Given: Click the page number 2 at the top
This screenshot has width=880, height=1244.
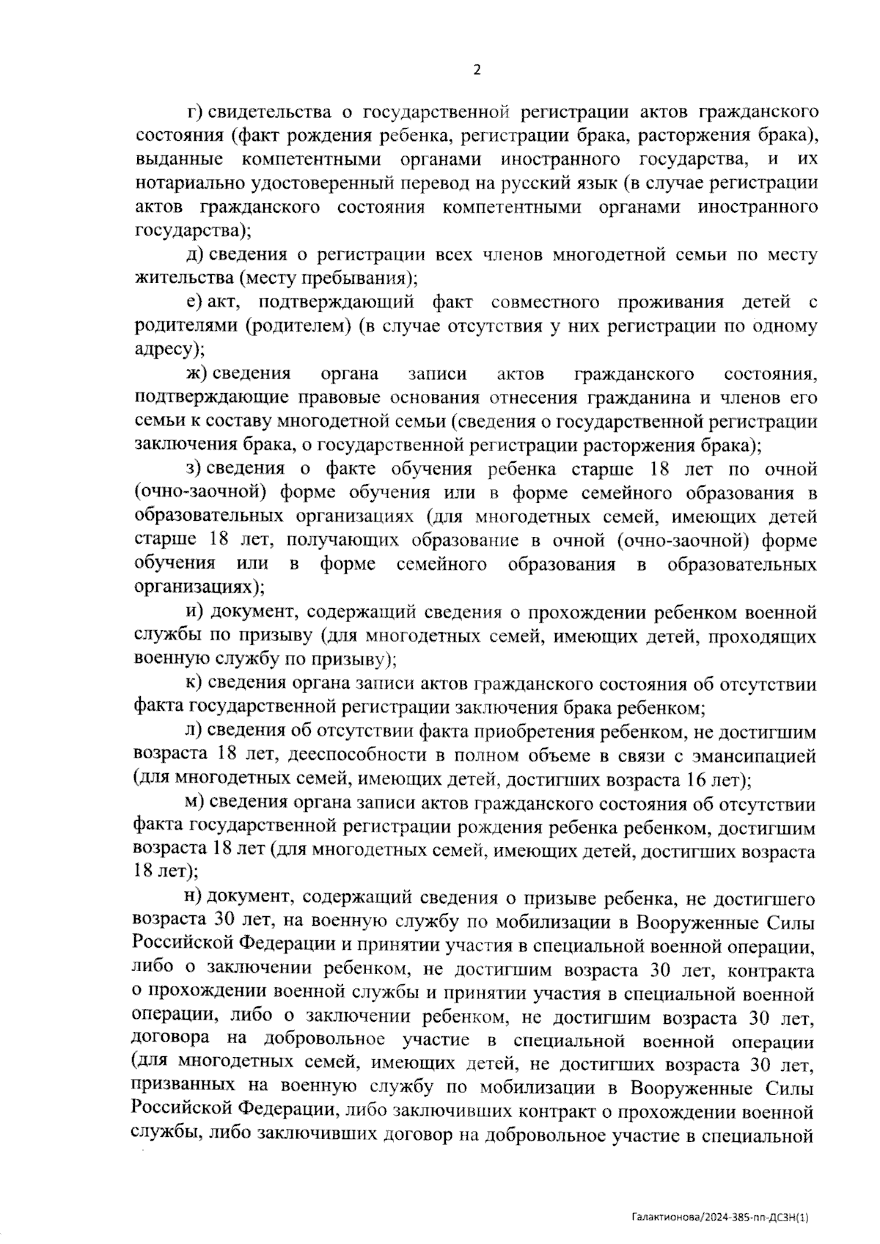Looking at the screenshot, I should (x=477, y=70).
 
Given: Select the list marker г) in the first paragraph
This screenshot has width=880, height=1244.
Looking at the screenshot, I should (x=195, y=112).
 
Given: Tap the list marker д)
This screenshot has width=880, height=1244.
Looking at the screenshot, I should (x=195, y=255).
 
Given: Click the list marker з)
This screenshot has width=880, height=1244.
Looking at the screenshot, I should (x=194, y=469).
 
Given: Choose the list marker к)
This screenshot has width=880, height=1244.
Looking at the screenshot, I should (x=194, y=684).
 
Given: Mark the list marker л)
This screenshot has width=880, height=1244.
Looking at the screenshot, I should (x=194, y=731).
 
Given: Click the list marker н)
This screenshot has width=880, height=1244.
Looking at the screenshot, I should (x=195, y=899).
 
